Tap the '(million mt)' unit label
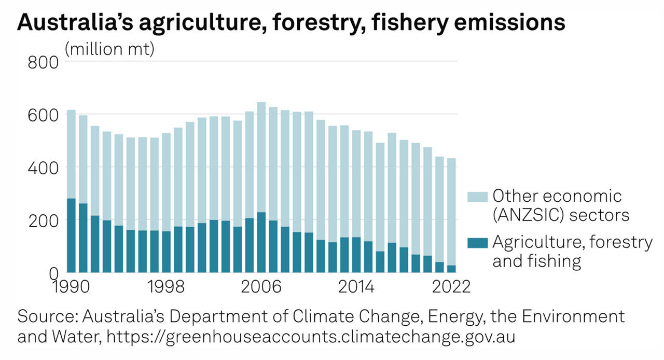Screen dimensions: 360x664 coord(109,50)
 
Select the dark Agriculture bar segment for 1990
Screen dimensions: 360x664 coord(71,235)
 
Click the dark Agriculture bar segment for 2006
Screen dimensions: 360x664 coord(261,242)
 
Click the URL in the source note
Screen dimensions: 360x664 coord(311,337)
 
